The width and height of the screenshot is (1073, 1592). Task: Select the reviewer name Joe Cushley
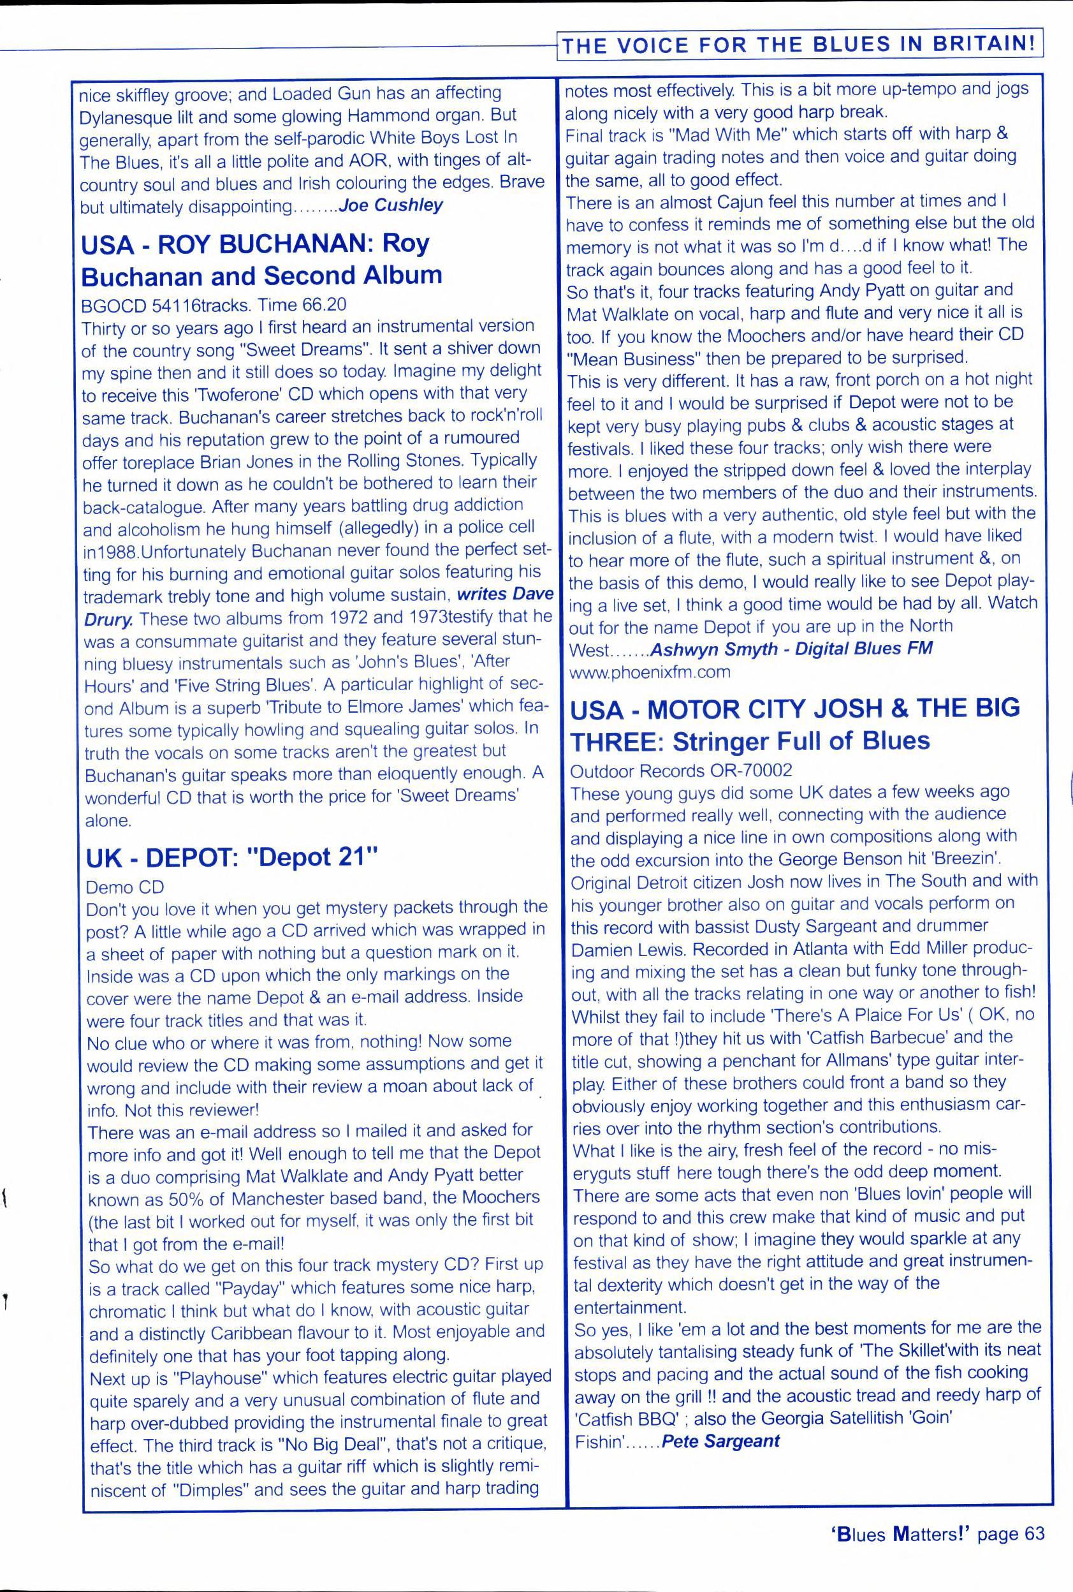[x=391, y=205]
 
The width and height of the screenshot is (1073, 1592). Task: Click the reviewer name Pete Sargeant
[x=721, y=1441]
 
